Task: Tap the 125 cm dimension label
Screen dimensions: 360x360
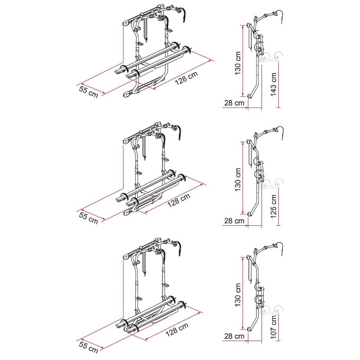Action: pyautogui.click(x=274, y=206)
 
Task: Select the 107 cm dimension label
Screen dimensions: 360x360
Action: pyautogui.click(x=274, y=327)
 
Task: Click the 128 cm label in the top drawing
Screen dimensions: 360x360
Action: pyautogui.click(x=186, y=78)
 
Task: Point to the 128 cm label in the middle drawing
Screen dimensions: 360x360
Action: pyautogui.click(x=179, y=200)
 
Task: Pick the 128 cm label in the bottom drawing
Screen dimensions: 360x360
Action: pyautogui.click(x=177, y=330)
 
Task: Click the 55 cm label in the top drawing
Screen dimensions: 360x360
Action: pyautogui.click(x=88, y=92)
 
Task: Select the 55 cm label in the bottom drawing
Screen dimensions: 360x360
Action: pyautogui.click(x=88, y=347)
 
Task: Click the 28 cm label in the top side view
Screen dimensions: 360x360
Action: pyautogui.click(x=234, y=103)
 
